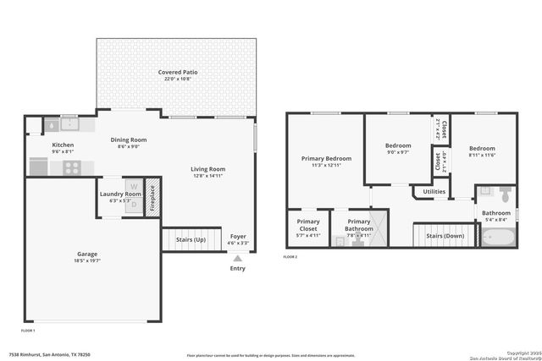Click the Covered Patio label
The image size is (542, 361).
178,73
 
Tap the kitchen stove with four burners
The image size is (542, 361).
69,167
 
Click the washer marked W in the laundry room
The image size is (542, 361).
132,188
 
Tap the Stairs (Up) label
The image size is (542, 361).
190,240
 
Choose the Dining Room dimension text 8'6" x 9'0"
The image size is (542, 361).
129,146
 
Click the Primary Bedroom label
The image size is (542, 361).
326,158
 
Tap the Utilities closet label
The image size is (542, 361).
434,192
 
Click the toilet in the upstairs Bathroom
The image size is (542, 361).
505,192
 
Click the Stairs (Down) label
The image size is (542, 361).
445,236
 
